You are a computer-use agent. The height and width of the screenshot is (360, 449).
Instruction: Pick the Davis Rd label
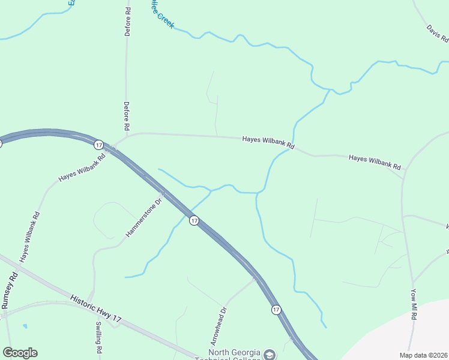[437, 35]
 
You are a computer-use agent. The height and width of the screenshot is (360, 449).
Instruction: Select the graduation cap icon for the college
[270, 354]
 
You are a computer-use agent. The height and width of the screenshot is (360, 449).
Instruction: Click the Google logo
[20, 353]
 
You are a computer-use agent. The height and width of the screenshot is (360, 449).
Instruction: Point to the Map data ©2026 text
[424, 355]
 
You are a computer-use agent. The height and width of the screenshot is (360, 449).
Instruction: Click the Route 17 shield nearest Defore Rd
[99, 145]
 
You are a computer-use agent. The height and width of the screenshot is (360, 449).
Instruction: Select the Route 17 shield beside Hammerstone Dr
[194, 221]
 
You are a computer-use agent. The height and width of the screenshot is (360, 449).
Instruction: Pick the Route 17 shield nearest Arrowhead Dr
[276, 310]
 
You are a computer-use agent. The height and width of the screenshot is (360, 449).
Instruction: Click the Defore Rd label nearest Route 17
[127, 116]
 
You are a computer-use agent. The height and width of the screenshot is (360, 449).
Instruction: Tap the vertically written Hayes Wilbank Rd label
[29, 237]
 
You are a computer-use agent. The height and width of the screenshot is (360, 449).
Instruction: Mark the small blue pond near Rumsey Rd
[24, 326]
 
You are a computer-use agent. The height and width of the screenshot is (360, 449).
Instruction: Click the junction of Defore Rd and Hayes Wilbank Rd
[127, 134]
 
